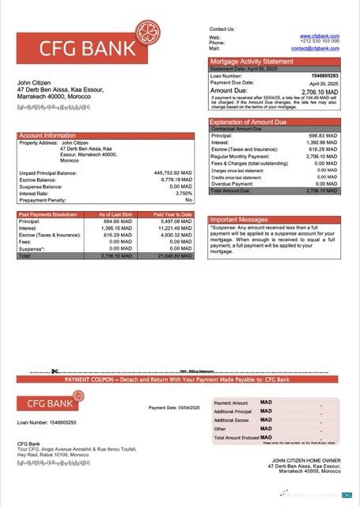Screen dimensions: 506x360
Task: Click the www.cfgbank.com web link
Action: (x=320, y=36)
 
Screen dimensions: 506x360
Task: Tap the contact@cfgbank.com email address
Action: (x=315, y=48)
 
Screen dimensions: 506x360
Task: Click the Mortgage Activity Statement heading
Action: (x=252, y=62)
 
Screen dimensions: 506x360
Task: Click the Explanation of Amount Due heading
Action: (x=248, y=122)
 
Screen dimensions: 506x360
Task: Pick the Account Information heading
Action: (x=48, y=135)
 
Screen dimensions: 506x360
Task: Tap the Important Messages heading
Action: (x=240, y=220)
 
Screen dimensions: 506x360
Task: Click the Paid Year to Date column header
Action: (x=173, y=214)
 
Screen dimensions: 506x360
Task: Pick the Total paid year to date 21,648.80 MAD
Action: (x=174, y=256)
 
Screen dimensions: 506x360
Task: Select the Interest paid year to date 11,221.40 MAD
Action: (x=176, y=228)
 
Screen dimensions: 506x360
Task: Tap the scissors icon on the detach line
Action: (x=55, y=372)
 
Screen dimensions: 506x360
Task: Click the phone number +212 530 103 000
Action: (x=319, y=42)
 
